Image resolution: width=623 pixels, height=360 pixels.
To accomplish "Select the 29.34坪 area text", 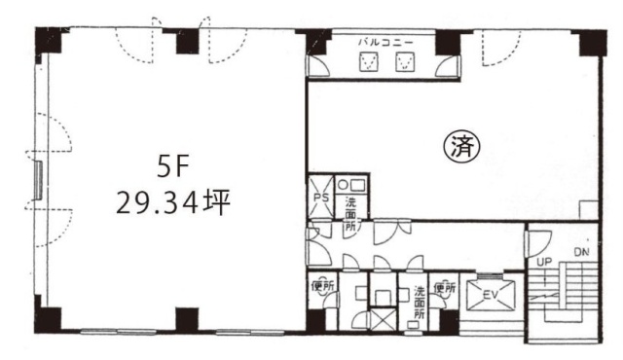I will click(x=173, y=203).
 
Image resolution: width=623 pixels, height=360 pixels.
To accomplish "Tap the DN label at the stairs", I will click(x=581, y=254).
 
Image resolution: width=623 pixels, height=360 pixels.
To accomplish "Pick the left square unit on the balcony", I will click(x=369, y=63).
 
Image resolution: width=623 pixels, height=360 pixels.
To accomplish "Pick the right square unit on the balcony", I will click(x=404, y=63).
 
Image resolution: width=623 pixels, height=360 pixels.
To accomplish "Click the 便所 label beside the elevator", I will click(x=445, y=287).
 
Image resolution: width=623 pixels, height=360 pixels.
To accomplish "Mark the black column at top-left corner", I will click(x=47, y=41).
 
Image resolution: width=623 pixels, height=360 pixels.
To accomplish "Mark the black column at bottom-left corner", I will click(x=47, y=319).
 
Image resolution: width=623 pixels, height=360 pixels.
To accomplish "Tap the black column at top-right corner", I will click(x=590, y=42).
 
